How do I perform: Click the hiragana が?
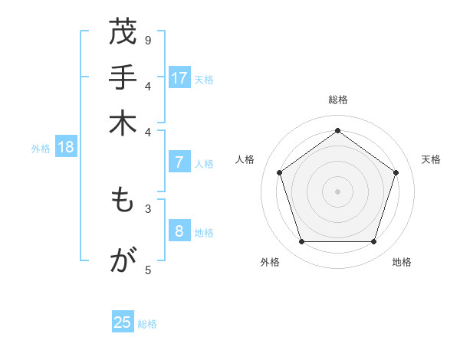(x=122, y=262)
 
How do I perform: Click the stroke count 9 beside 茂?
(x=148, y=39)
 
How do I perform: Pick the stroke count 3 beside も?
(x=148, y=208)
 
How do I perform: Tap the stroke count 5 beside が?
(x=148, y=269)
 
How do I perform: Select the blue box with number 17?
(x=179, y=78)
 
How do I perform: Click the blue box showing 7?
(x=179, y=162)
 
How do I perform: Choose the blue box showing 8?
(x=179, y=231)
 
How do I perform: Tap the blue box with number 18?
(x=66, y=148)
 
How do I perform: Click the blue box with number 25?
(x=123, y=322)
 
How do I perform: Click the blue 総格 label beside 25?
(x=147, y=324)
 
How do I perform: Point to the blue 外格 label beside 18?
(x=41, y=149)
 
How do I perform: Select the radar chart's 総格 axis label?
(x=337, y=100)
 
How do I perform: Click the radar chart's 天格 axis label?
(x=431, y=159)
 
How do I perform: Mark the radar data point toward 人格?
(x=280, y=172)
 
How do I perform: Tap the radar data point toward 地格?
(x=373, y=242)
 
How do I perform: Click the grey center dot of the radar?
(x=337, y=191)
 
